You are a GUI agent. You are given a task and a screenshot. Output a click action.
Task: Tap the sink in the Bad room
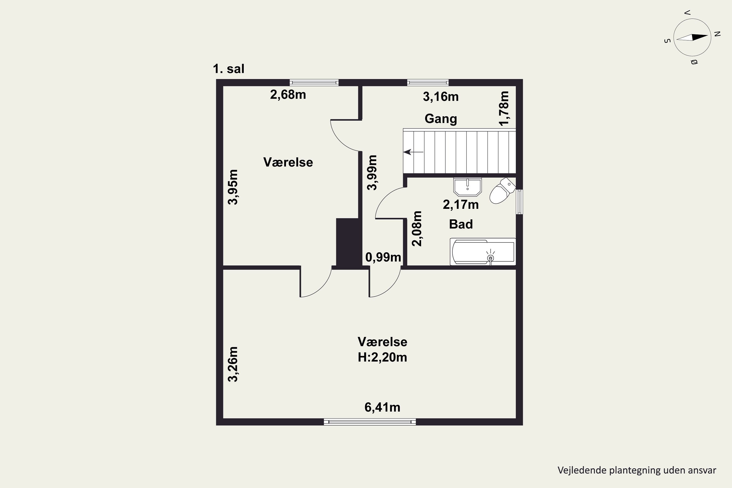[468, 187]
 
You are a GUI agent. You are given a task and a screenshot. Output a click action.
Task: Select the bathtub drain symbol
[490, 258]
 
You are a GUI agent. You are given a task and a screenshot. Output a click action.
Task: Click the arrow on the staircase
[413, 152]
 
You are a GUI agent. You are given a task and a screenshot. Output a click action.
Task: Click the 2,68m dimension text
[288, 95]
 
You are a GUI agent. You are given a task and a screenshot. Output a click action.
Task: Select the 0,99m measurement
[383, 257]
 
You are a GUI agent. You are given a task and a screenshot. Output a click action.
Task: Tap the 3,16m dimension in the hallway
[441, 97]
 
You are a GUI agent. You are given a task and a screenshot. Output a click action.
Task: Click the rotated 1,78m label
[504, 108]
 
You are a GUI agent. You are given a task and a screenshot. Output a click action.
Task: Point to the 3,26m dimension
[233, 364]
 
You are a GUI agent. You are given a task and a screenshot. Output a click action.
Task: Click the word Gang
[441, 119]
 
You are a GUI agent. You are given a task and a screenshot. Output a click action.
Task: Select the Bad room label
[461, 224]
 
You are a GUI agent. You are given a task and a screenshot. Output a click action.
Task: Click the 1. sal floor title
[228, 69]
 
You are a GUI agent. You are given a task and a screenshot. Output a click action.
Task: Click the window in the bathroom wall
[519, 202]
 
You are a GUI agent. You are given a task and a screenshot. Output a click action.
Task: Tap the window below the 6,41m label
[370, 422]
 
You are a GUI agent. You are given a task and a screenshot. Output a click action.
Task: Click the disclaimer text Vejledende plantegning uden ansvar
[637, 470]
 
